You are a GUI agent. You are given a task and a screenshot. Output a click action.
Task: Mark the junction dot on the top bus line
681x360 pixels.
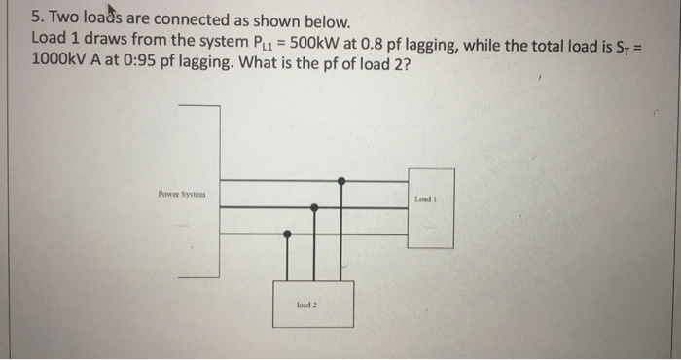pos(340,181)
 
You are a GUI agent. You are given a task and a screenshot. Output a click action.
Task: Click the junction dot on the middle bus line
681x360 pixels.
pos(314,207)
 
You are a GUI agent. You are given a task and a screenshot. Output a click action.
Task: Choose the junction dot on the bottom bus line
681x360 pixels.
pos(288,234)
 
